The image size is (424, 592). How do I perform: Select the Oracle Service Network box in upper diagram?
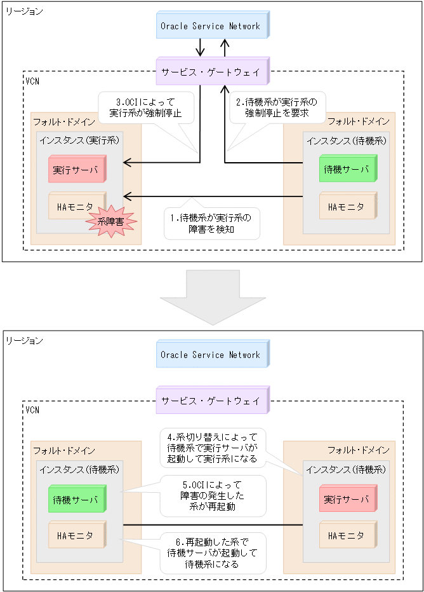(213, 26)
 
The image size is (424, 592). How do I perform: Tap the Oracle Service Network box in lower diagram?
(213, 355)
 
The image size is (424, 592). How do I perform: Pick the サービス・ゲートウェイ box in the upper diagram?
(213, 72)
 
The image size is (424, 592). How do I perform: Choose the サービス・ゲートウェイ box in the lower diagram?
(213, 401)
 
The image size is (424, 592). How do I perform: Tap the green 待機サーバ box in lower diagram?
(76, 499)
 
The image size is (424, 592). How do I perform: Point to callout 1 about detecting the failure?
(211, 224)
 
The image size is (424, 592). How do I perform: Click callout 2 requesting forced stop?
(276, 107)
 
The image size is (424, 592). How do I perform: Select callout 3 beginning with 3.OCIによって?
(146, 107)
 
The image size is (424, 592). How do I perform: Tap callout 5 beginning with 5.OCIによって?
(211, 495)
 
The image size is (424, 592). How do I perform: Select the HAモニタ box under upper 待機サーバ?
(347, 206)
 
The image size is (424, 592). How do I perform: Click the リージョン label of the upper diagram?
(24, 11)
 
